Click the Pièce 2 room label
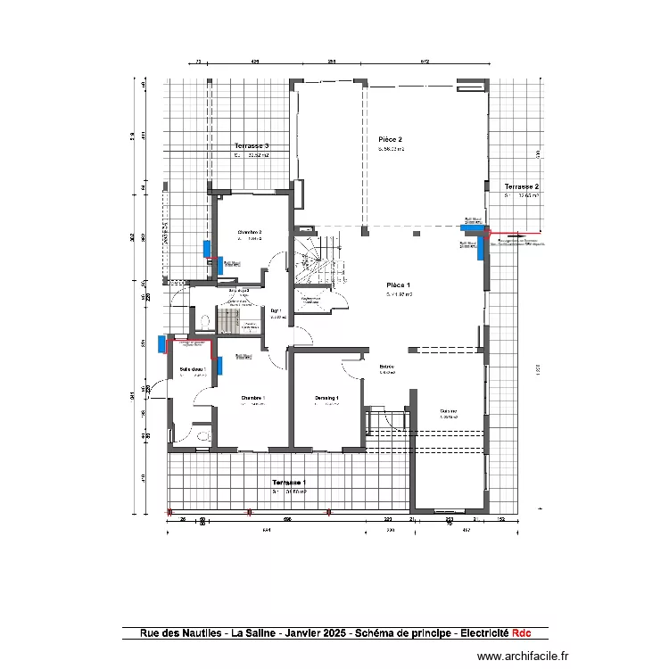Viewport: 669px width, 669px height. (x=390, y=140)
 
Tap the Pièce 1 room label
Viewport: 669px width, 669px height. (x=398, y=284)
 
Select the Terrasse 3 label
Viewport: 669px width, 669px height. (x=252, y=145)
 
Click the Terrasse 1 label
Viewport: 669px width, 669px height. (x=289, y=482)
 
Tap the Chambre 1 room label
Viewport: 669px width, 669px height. (x=252, y=398)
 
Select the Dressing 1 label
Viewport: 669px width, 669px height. (x=326, y=398)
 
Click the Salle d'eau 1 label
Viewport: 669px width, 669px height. (x=193, y=368)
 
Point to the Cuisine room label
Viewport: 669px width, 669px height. (x=448, y=411)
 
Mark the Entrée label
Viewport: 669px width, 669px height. (x=387, y=367)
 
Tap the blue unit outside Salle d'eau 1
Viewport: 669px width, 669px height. (x=161, y=344)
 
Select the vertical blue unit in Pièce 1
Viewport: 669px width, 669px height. (x=481, y=245)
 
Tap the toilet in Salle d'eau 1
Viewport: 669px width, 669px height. (x=203, y=435)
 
